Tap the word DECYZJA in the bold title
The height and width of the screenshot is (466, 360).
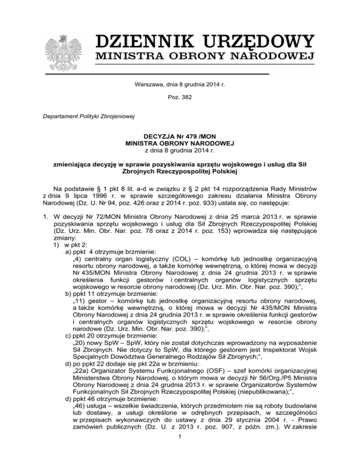pyautogui.click(x=149, y=136)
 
